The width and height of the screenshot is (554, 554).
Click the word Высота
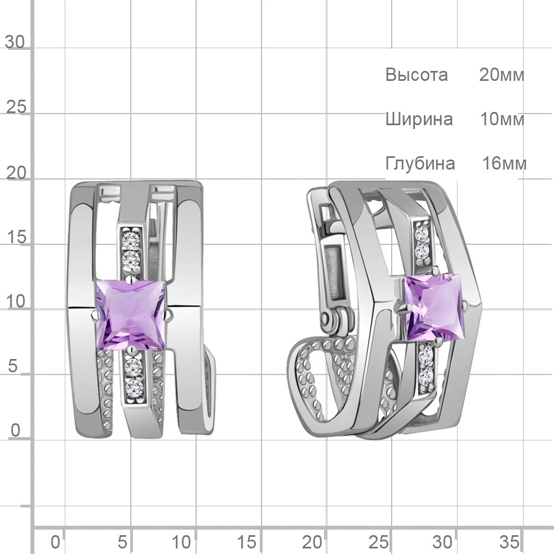point(417,75)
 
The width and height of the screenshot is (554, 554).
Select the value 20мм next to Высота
point(502,75)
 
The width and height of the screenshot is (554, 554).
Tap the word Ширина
point(419,119)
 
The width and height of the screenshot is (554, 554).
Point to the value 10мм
point(502,119)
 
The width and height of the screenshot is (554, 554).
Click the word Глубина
point(420,163)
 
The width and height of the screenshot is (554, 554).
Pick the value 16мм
point(505,163)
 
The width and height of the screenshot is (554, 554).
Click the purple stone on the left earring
point(131,315)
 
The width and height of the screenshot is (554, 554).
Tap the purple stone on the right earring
point(434,307)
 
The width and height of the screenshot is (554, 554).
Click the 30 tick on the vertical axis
point(15,42)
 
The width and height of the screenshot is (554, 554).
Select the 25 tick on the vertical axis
point(16,107)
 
